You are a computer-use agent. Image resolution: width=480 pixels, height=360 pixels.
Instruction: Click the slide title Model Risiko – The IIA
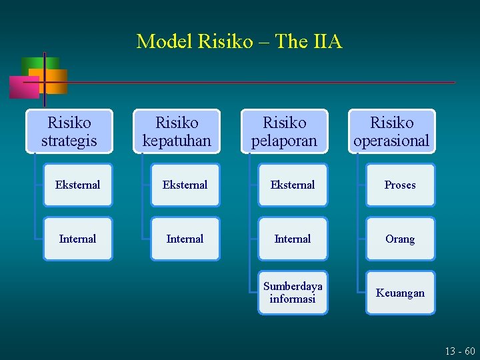239,42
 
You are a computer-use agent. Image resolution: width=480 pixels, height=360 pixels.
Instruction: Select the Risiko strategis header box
69,131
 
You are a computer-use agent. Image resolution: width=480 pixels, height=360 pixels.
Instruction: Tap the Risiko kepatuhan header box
177,131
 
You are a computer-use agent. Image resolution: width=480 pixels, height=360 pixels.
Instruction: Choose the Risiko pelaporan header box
285,131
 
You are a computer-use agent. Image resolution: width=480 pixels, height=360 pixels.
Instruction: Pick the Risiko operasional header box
391,131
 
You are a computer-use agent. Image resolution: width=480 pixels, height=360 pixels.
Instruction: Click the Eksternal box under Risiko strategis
77,185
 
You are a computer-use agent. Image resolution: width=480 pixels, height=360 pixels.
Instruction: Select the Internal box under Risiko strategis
77,239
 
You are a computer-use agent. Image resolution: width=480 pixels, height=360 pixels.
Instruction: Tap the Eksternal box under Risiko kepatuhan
185,185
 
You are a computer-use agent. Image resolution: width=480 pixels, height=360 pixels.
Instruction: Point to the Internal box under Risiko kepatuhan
185,239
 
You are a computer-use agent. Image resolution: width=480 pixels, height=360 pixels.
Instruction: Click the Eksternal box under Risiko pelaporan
293,185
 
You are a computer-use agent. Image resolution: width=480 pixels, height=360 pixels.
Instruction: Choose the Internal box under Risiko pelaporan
293,239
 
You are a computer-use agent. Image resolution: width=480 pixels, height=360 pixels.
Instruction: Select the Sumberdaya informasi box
293,293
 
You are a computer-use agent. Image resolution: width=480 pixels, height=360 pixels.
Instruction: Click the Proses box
400,185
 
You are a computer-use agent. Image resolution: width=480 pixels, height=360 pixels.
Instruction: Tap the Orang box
400,239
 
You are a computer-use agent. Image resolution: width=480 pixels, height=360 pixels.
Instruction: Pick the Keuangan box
400,293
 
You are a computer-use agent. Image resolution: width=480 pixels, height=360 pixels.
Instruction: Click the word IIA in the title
327,42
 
